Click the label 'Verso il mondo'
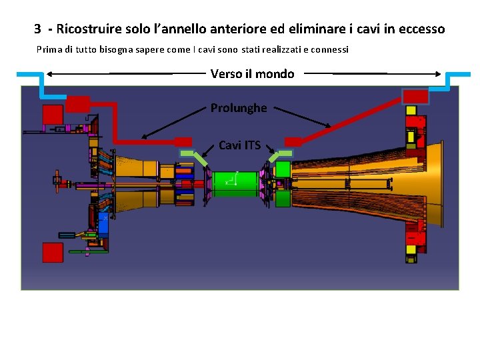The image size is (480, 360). (x=252, y=74)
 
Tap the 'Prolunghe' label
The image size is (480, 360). (x=239, y=108)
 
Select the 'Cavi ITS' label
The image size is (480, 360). (x=239, y=145)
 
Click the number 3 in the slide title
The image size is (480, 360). (x=39, y=29)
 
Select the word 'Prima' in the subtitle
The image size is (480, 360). (x=48, y=49)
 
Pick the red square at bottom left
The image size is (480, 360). (x=53, y=252)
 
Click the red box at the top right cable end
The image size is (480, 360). (x=416, y=96)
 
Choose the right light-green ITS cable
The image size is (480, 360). (x=279, y=156)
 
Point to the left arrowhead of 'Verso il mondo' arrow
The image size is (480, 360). (x=50, y=73)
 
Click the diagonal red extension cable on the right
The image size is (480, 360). (x=353, y=120)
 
